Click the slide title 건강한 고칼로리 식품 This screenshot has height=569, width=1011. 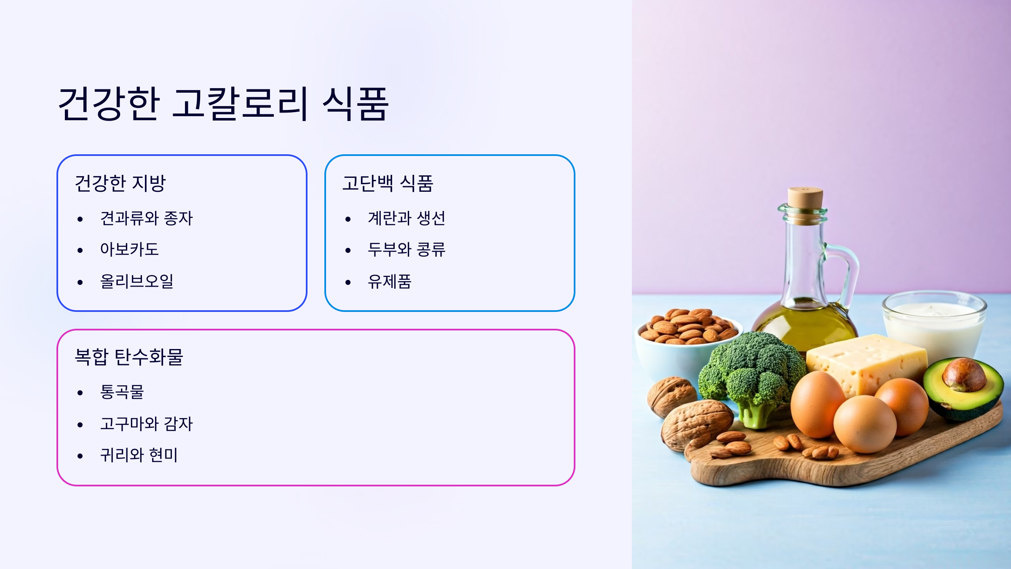(x=223, y=104)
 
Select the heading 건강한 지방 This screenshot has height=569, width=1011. (x=120, y=183)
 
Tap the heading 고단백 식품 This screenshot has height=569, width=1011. (x=388, y=183)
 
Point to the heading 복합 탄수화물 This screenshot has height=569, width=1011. (x=128, y=357)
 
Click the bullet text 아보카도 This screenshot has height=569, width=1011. (x=129, y=250)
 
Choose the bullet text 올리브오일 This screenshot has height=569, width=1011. (x=137, y=281)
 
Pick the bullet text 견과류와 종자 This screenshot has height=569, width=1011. (x=146, y=218)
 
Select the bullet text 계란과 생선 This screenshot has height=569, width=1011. (x=407, y=218)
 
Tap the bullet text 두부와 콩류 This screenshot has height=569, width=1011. (x=407, y=250)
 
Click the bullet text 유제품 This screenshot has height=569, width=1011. (x=390, y=281)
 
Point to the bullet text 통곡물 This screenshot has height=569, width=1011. (x=122, y=392)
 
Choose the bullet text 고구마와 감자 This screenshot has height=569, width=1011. (x=146, y=424)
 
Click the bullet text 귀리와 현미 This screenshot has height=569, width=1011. (x=139, y=455)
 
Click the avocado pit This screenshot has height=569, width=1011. (x=963, y=373)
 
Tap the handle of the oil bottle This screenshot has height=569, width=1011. (x=847, y=270)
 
